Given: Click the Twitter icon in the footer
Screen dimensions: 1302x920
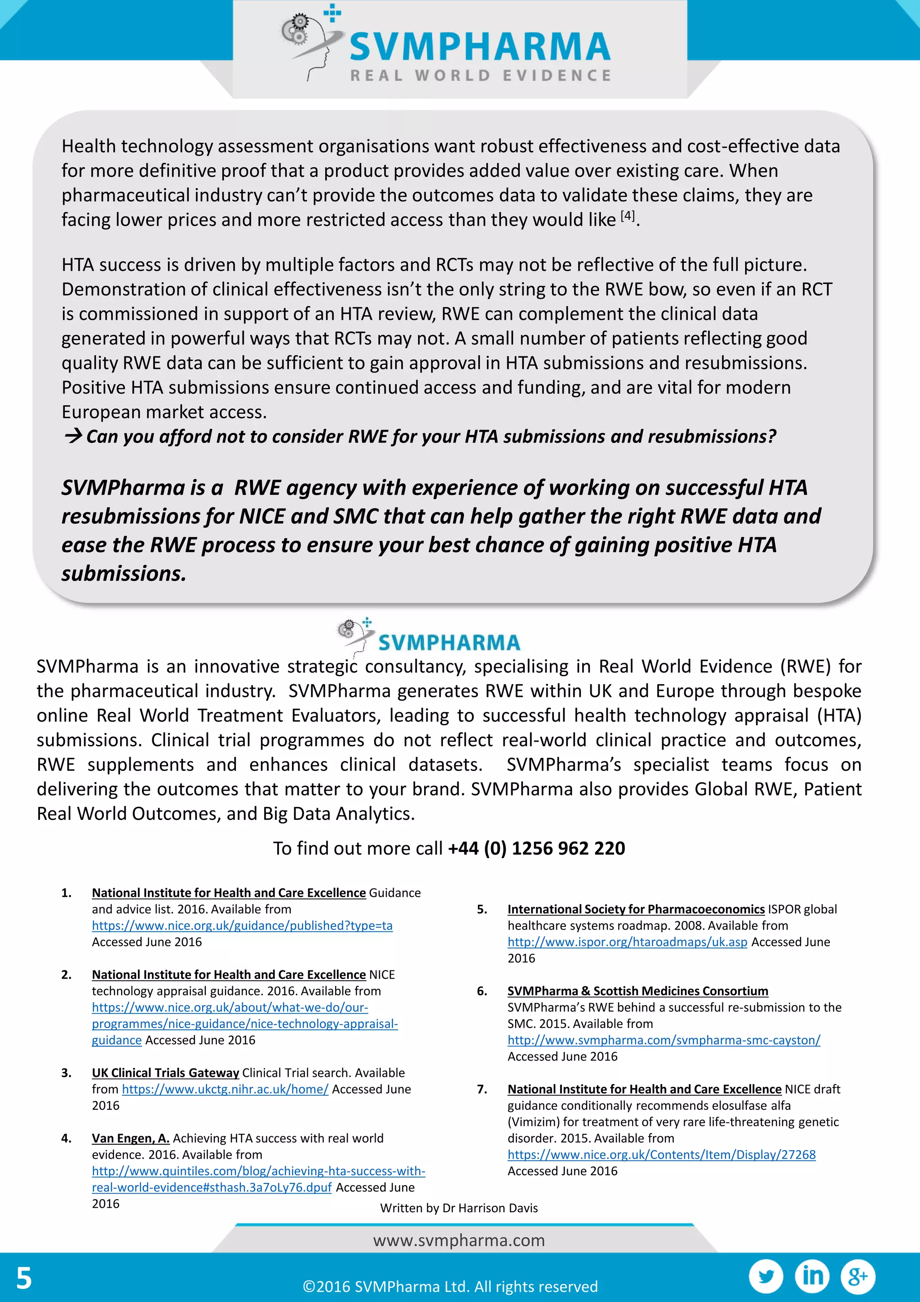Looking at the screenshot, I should click(x=766, y=1276).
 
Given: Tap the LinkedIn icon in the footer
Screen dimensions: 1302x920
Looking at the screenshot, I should click(x=812, y=1276).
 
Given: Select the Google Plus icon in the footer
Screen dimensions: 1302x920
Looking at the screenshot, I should click(x=858, y=1276).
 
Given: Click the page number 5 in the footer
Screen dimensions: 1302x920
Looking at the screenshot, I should click(x=24, y=1278).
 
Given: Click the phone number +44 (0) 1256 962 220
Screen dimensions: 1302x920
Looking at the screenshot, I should click(x=536, y=848).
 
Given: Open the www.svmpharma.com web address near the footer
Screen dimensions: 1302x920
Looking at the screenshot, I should click(x=459, y=1240).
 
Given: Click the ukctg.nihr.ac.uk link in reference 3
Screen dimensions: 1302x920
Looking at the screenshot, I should click(x=225, y=1089).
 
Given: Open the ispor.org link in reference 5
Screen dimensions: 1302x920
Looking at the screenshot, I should click(x=627, y=942).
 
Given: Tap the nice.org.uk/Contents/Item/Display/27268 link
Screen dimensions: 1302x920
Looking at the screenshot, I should click(x=661, y=1155).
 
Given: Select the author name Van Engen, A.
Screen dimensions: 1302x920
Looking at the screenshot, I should click(x=130, y=1138).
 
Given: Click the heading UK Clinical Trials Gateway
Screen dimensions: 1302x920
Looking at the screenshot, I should click(x=165, y=1073).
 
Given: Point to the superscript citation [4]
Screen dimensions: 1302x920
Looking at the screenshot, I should click(x=628, y=216).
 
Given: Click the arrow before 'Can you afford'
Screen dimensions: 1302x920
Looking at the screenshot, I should click(x=73, y=436).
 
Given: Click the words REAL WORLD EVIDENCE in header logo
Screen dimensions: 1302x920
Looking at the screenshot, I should click(x=481, y=75).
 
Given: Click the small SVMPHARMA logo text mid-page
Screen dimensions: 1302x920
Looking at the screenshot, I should click(x=449, y=642).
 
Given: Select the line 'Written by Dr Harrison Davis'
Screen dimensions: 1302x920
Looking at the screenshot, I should click(x=459, y=1208).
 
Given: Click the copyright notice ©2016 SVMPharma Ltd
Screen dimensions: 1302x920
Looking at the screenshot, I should click(x=450, y=1286).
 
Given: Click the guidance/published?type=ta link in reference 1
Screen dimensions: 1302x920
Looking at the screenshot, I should click(x=242, y=926).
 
